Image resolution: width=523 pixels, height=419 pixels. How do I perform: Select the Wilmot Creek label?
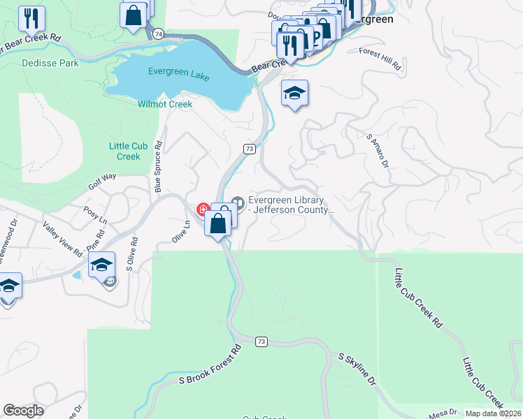166,104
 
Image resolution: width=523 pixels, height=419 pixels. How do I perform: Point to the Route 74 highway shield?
159,34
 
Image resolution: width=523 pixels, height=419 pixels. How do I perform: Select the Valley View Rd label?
63,239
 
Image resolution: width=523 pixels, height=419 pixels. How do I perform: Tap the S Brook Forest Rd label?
210,365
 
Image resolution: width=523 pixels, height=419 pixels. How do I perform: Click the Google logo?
23,411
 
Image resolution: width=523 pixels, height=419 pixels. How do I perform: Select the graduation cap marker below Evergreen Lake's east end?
295,94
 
